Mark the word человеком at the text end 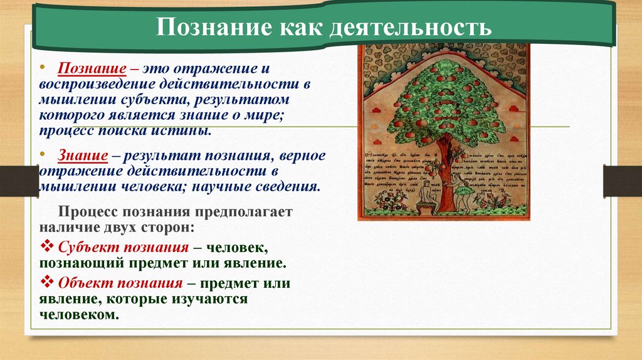[x=78, y=315]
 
